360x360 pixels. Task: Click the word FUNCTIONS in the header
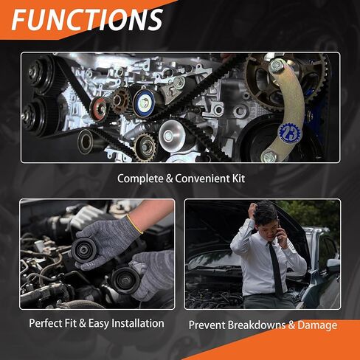pyautogui.click(x=87, y=19)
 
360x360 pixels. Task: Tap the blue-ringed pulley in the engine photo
pyautogui.click(x=145, y=103)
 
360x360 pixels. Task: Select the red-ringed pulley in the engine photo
pyautogui.click(x=98, y=108)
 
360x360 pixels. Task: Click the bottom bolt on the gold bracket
pyautogui.click(x=269, y=156)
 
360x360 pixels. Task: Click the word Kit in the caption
pyautogui.click(x=238, y=179)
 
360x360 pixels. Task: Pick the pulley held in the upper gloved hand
pyautogui.click(x=83, y=249)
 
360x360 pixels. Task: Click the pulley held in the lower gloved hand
pyautogui.click(x=125, y=280)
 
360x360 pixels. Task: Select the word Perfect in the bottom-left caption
pyautogui.click(x=45, y=323)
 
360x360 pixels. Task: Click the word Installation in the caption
pyautogui.click(x=138, y=323)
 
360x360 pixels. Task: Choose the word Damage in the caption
pyautogui.click(x=317, y=325)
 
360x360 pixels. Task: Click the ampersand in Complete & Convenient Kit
pyautogui.click(x=169, y=179)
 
